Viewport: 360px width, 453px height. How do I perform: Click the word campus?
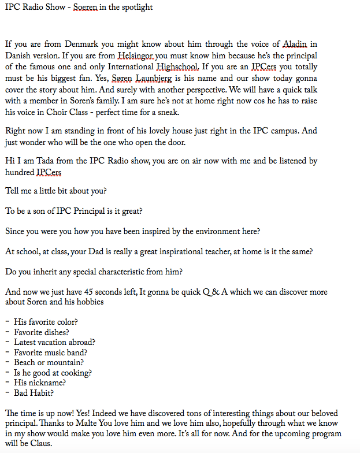click(269, 131)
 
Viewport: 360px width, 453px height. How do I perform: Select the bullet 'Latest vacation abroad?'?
click(55, 342)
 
